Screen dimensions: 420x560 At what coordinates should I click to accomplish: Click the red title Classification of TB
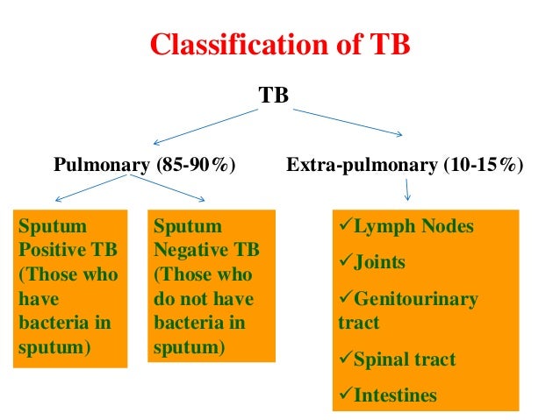coord(280,45)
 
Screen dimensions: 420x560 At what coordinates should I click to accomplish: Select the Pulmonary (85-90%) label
coord(145,165)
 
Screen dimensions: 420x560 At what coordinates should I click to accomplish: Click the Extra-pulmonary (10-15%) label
coord(405,165)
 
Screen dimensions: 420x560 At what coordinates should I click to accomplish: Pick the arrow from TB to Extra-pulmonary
coord(347,122)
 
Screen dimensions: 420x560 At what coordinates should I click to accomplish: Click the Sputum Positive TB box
coord(68,286)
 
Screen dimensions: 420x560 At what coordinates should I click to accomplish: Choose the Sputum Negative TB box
coord(211,286)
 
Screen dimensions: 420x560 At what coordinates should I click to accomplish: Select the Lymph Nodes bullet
coord(406,227)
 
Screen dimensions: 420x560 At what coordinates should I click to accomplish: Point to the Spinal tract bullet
coord(397,359)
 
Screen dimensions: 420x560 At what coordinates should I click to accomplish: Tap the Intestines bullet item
coord(387,395)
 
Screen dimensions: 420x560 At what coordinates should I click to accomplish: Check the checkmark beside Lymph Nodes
coord(345,226)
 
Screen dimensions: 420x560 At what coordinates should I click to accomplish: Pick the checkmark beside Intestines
coord(345,395)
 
